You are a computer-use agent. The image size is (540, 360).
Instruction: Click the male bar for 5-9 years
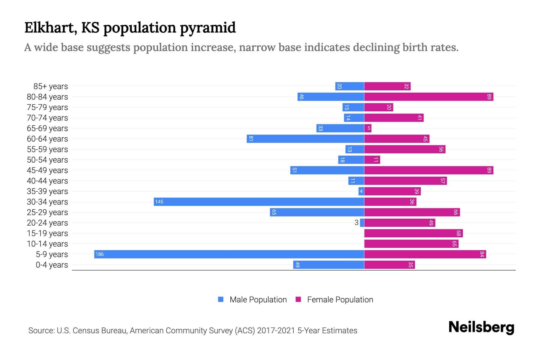pos(229,254)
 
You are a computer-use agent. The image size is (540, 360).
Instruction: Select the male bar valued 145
pos(259,202)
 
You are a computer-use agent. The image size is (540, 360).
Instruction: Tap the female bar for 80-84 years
pos(429,97)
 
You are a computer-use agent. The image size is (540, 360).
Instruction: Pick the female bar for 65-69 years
pos(368,128)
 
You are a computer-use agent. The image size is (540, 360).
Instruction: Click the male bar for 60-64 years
pos(305,139)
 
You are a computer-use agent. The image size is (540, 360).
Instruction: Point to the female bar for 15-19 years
pos(413,233)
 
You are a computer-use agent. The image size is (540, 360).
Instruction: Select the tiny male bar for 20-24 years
pos(362,223)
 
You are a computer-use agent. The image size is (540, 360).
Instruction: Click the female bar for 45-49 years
pos(429,170)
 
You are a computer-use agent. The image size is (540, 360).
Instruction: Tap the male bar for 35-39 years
pos(361,191)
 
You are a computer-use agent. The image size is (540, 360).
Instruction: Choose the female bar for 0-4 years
pos(389,265)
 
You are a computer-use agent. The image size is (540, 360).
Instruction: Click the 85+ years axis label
pos(51,86)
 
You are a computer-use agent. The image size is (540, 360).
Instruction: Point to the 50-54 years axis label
pos(47,160)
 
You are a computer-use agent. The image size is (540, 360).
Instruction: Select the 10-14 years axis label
pos(47,244)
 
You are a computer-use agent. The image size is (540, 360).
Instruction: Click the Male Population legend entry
pos(258,299)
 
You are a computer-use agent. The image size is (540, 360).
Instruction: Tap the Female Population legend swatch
pos(298,299)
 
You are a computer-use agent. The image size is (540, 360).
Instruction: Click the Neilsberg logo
pos(481,327)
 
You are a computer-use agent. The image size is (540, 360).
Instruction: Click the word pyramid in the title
pos(208,28)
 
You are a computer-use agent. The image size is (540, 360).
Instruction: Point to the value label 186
pos(99,254)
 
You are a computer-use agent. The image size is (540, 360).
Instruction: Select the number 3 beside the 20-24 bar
pos(356,223)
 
